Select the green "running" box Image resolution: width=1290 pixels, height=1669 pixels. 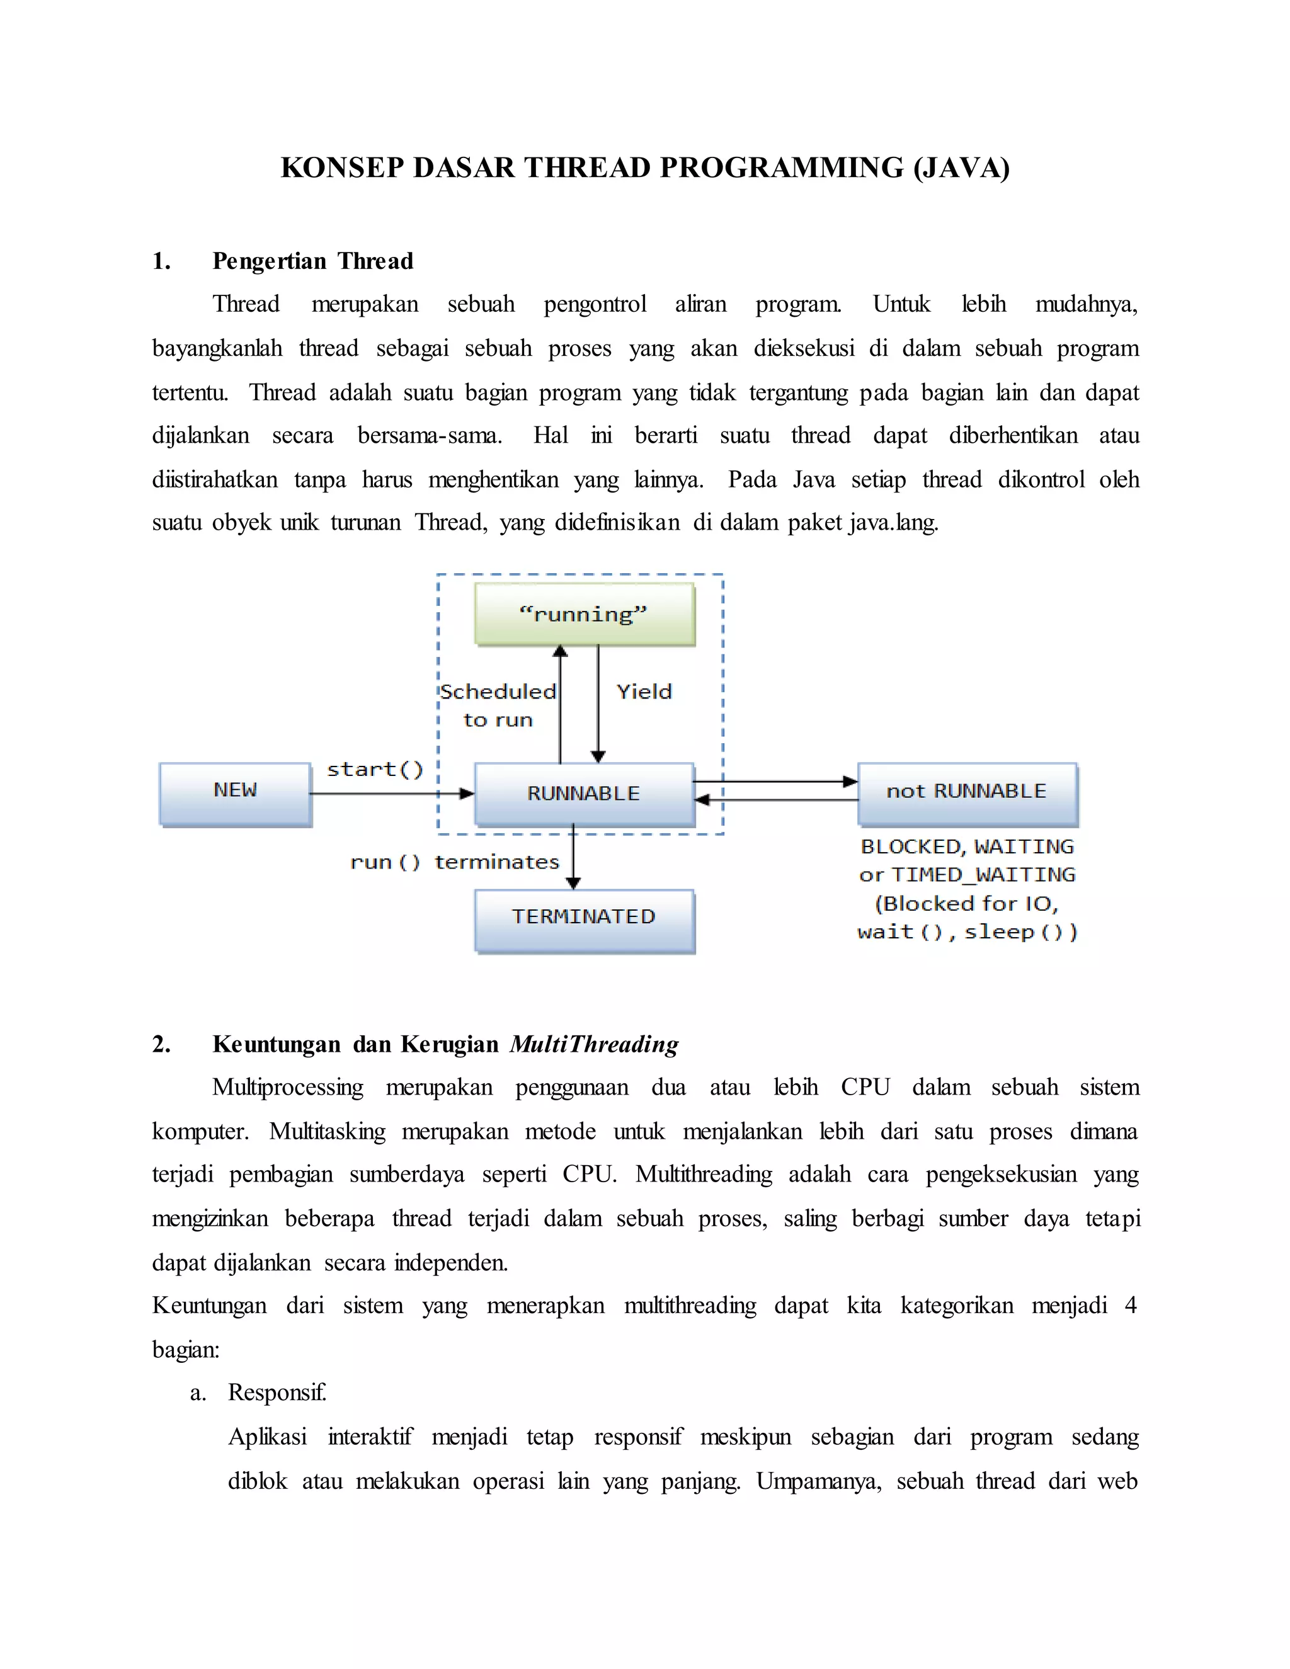pos(585,613)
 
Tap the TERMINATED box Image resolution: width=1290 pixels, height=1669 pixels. pos(585,920)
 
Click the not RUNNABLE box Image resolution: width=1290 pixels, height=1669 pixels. pos(967,793)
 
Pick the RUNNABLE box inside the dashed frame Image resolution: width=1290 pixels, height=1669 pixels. pos(585,793)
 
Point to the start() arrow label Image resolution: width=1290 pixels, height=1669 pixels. pos(375,769)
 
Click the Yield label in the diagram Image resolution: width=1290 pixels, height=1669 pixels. pos(644,692)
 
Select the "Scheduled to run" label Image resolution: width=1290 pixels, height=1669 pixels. pos(498,705)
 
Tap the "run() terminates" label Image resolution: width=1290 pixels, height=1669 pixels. pos(455,862)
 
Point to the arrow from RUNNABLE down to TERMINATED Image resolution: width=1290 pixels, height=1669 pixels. pos(573,856)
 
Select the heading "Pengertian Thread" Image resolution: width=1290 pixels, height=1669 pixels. pos(312,261)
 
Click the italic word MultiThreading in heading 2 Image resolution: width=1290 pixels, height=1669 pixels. pos(594,1044)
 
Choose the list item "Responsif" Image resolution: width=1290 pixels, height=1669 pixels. pos(277,1393)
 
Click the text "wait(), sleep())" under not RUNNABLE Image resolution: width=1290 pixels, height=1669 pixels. pos(967,932)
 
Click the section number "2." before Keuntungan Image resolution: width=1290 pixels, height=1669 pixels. pos(161,1044)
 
